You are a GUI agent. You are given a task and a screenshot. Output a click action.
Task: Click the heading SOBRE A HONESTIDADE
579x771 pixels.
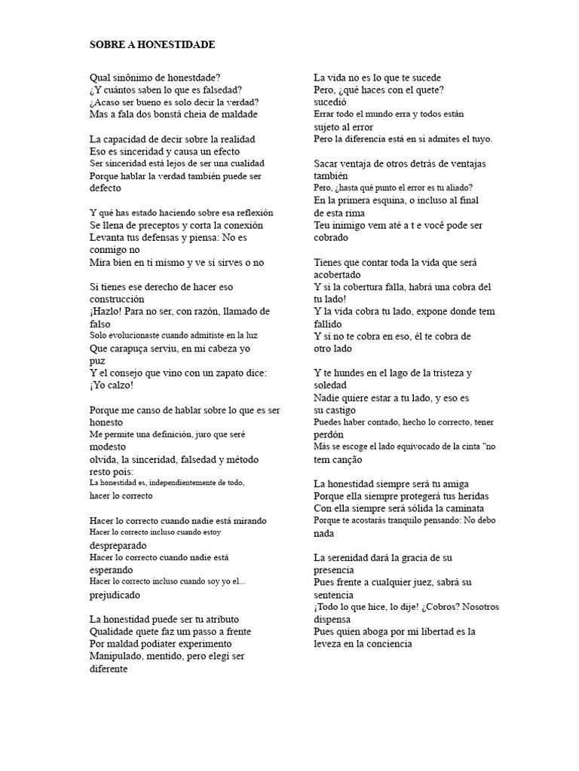pos(152,45)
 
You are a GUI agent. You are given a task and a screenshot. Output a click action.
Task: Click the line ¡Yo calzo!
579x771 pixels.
pos(111,385)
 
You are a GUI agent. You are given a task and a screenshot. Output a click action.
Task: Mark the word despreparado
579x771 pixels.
pos(118,545)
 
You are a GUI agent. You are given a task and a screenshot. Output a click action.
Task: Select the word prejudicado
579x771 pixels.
pos(115,595)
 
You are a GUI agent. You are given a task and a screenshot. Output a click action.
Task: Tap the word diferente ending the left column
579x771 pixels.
pos(109,669)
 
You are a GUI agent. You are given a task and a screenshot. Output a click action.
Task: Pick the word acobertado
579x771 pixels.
pos(340,275)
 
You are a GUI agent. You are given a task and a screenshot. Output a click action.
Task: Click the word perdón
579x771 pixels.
pos(329,434)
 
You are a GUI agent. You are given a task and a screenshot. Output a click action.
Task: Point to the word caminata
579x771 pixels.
pos(466,508)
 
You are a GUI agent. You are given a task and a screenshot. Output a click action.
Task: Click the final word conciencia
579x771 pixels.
pos(387,644)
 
